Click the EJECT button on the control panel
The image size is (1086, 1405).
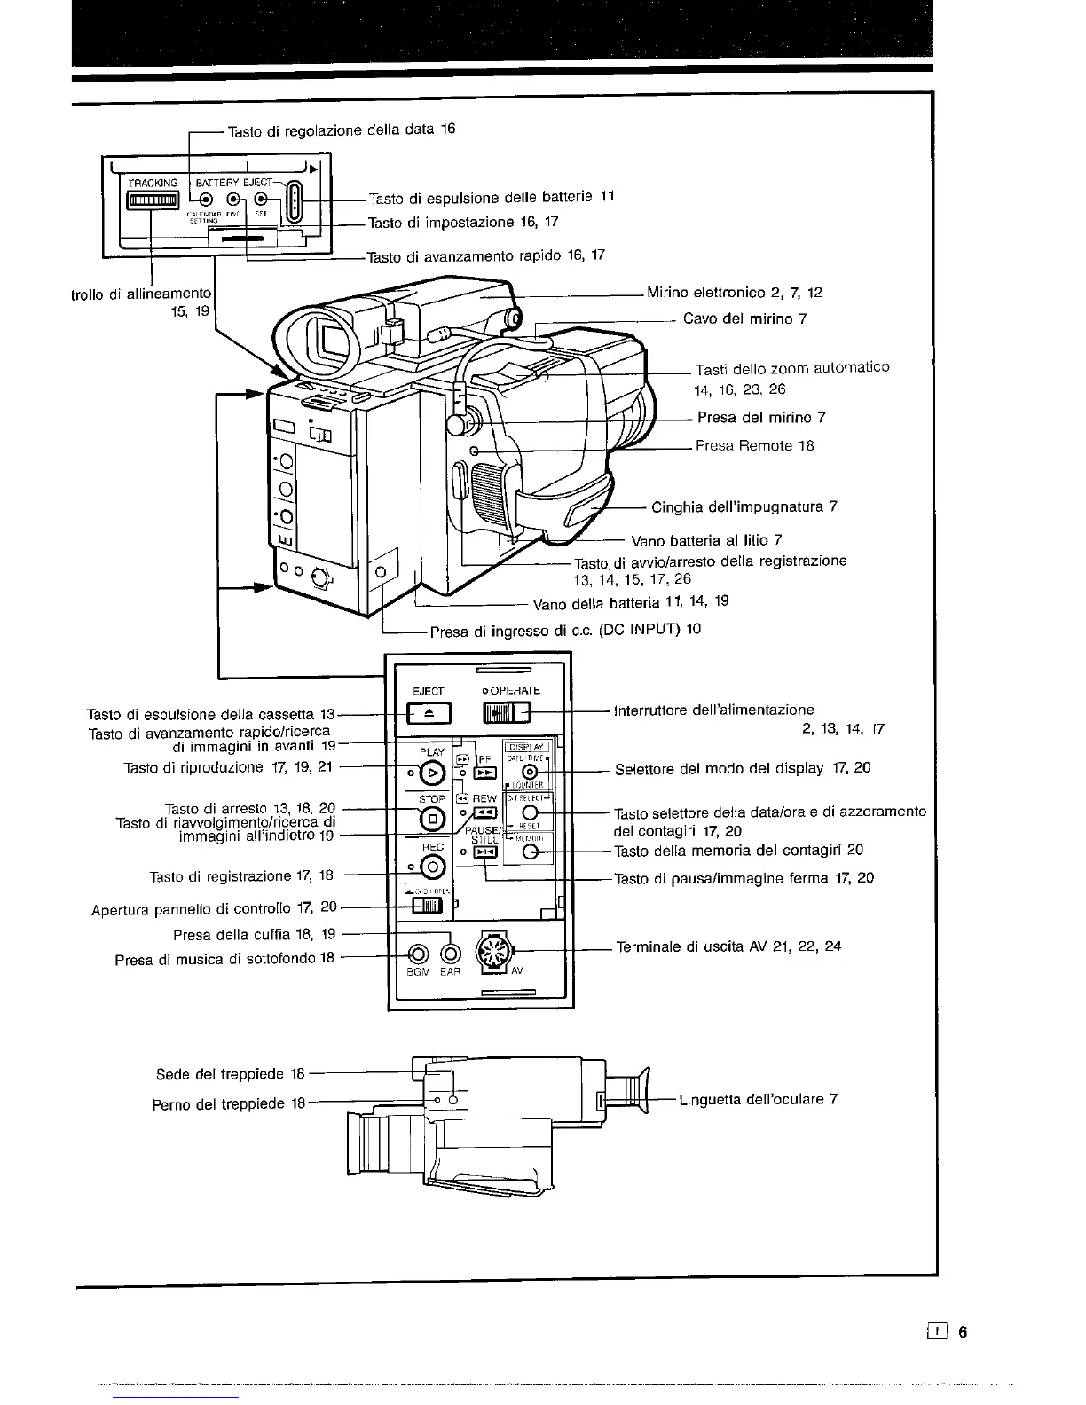pyautogui.click(x=429, y=712)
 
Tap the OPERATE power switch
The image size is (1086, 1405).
pyautogui.click(x=505, y=712)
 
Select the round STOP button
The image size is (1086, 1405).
pyautogui.click(x=432, y=819)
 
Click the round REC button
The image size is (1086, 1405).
pyautogui.click(x=432, y=867)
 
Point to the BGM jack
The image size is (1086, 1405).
pyautogui.click(x=418, y=954)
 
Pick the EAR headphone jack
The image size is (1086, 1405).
pyautogui.click(x=451, y=954)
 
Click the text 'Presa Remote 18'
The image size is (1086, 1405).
pyautogui.click(x=754, y=446)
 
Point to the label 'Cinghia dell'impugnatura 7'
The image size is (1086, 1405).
pyautogui.click(x=744, y=507)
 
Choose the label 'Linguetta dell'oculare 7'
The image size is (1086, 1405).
pyautogui.click(x=758, y=1100)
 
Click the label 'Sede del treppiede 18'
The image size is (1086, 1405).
pyautogui.click(x=231, y=1074)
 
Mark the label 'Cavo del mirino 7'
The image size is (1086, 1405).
pyautogui.click(x=744, y=318)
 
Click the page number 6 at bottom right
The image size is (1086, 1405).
pyautogui.click(x=962, y=1331)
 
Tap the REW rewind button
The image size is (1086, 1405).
pyautogui.click(x=484, y=813)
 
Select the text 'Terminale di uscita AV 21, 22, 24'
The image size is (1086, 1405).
pyautogui.click(x=728, y=946)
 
